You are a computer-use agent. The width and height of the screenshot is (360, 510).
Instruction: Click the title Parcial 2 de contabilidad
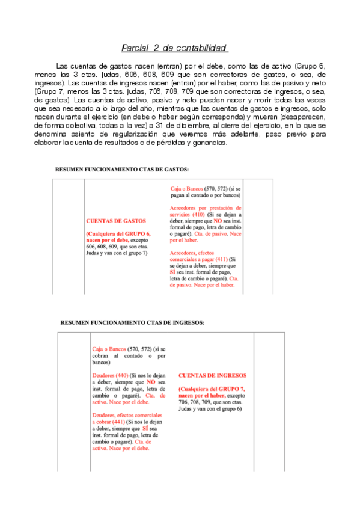175,48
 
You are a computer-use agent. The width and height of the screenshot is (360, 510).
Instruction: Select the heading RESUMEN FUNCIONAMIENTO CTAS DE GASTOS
122,170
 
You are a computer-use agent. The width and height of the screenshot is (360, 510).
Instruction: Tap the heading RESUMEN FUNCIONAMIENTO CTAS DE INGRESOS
132,322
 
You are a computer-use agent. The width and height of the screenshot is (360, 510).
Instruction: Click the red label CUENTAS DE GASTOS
116,221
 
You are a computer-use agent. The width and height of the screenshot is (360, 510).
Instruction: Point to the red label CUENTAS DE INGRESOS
212,376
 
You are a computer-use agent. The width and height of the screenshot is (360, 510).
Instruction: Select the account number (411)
225,259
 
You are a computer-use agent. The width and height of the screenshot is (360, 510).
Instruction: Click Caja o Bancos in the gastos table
186,188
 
